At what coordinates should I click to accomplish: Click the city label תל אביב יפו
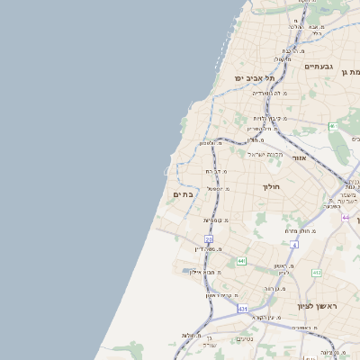click(255, 78)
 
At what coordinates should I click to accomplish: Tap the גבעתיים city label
click(319, 67)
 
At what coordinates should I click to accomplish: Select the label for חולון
click(273, 186)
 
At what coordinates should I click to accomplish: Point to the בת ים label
click(184, 194)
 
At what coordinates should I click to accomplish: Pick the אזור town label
click(300, 157)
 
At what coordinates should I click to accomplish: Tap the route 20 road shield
click(209, 238)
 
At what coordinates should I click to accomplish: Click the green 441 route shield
click(241, 261)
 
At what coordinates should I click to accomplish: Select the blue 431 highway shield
click(242, 309)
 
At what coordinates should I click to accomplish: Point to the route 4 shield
click(293, 244)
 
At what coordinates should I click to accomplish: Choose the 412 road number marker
click(317, 272)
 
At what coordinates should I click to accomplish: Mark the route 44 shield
click(346, 217)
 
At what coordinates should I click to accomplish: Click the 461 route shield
click(333, 127)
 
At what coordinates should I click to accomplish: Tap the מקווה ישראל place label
click(265, 154)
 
